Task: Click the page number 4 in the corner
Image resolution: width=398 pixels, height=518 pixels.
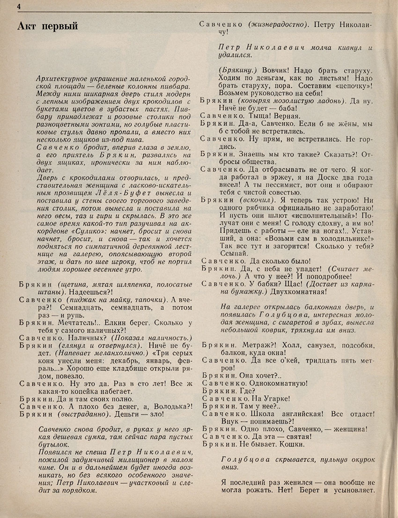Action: point(18,6)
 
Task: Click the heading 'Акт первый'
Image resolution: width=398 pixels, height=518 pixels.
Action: point(47,26)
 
